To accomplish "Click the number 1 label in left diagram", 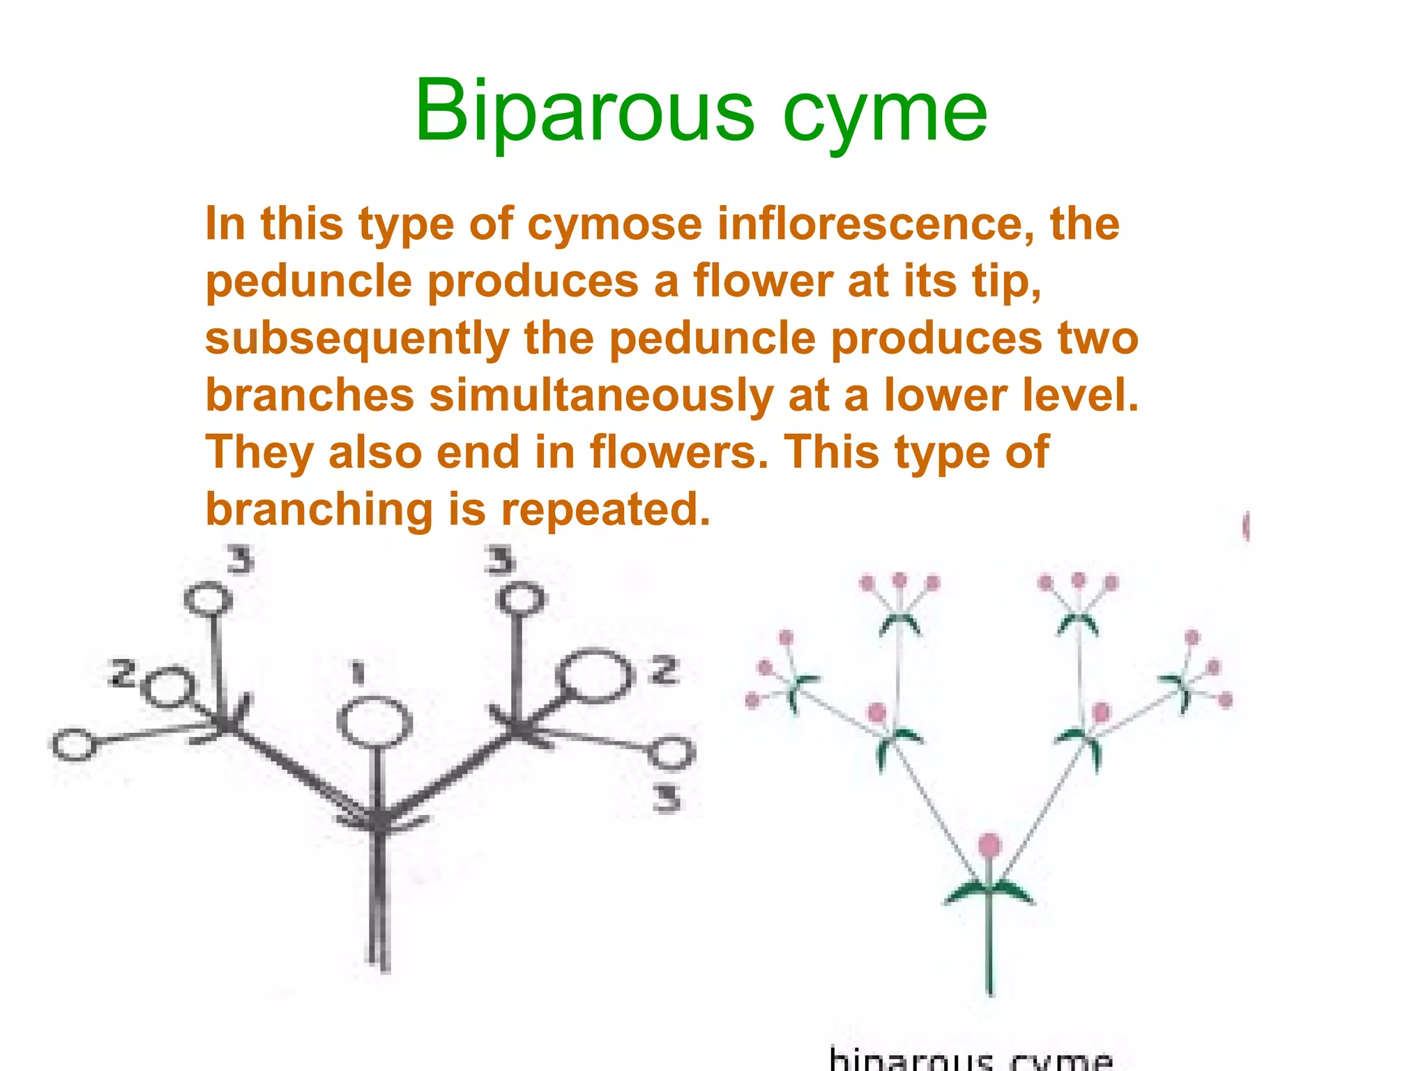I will coord(358,673).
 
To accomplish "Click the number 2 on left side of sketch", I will coord(123,674).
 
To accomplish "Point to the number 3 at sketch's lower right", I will coord(667,798).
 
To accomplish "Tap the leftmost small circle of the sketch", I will coord(74,745).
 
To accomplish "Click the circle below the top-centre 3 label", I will coord(521,600).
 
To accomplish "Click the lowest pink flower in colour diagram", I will coord(989,845).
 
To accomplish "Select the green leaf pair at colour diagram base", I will coord(989,892).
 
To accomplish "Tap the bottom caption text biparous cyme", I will coord(970,1060).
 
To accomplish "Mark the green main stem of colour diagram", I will coord(990,948).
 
